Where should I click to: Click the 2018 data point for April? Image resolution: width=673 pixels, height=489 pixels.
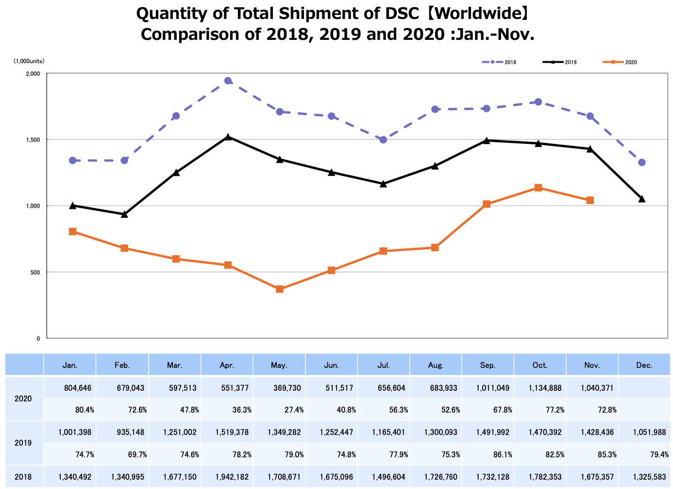(x=228, y=81)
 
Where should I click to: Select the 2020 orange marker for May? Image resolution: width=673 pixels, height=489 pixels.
(x=280, y=289)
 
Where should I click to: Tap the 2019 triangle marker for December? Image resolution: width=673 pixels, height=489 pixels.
(x=641, y=199)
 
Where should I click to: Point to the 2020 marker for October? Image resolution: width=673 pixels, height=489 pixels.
(x=538, y=188)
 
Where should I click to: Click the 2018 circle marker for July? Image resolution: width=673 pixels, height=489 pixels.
(x=383, y=140)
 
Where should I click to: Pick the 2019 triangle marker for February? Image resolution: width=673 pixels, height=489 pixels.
(x=124, y=214)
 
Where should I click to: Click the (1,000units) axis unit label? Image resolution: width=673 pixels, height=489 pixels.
(x=29, y=61)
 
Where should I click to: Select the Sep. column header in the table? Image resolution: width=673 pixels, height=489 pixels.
(x=488, y=365)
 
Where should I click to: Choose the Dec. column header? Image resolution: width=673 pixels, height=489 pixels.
(x=644, y=365)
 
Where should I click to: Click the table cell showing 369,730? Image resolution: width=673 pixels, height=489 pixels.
(x=286, y=388)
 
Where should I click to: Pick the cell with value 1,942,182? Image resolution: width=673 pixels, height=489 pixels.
(x=232, y=477)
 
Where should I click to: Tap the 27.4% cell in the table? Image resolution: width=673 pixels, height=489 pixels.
(x=294, y=410)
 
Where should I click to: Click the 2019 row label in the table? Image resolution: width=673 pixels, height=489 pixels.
(x=23, y=443)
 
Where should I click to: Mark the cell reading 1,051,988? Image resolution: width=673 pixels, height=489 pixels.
(x=651, y=432)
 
